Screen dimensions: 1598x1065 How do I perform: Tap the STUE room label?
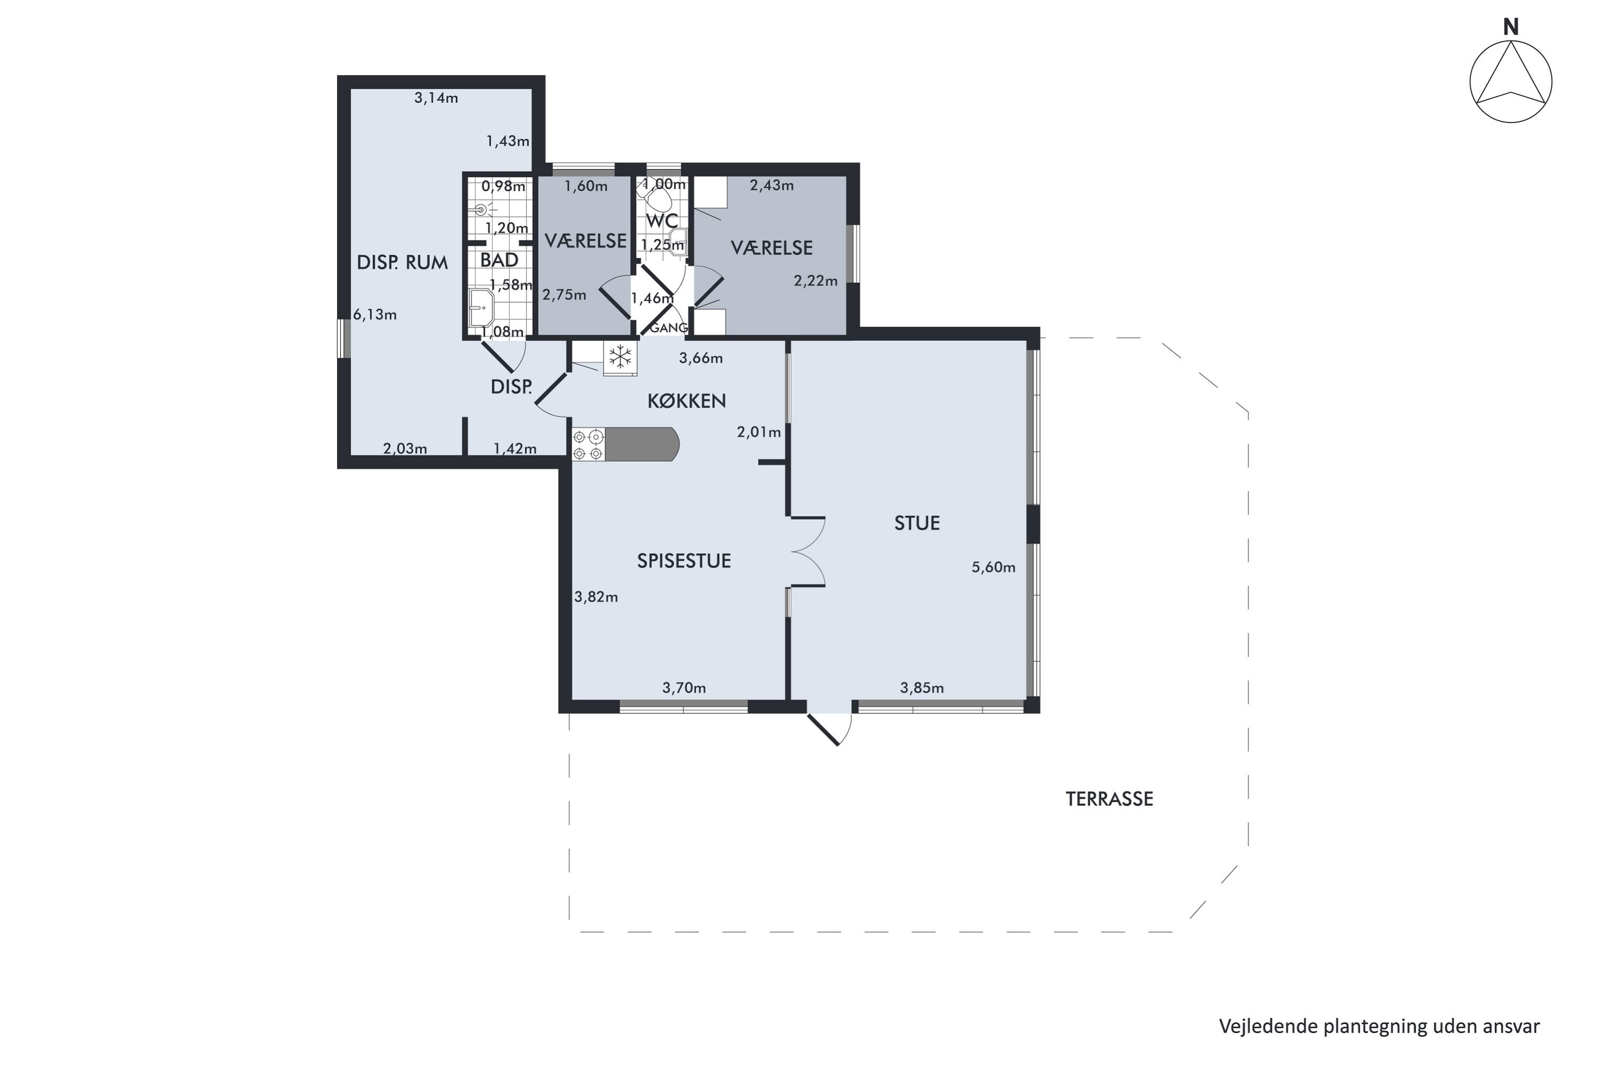coord(917,523)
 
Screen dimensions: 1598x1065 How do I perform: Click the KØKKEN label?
coord(686,401)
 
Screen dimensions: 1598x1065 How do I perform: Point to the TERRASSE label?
coord(1109,799)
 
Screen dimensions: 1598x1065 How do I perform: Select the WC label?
coord(661,221)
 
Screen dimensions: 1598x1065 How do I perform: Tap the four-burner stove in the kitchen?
coord(588,445)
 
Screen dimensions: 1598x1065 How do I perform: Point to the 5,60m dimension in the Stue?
coord(993,567)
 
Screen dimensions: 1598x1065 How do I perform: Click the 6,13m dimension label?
coord(374,315)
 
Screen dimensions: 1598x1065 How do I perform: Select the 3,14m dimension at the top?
coord(436,98)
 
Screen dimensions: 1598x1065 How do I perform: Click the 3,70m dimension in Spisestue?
coord(684,688)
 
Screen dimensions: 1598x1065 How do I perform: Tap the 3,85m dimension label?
coord(922,688)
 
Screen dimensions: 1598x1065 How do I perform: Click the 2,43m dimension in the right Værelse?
coord(772,185)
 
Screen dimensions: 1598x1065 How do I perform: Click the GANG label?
coord(668,328)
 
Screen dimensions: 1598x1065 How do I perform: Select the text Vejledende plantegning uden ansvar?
coord(1379,1026)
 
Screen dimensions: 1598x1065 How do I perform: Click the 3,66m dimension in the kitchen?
coord(700,358)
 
